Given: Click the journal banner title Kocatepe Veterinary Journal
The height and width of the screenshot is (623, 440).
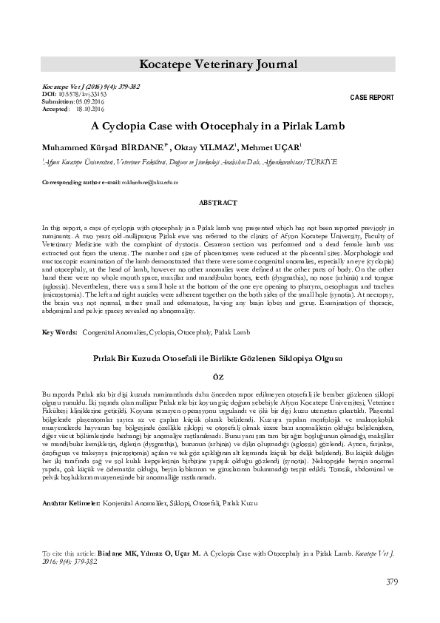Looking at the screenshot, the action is point(220,64).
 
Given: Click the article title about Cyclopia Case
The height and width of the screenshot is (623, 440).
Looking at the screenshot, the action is point(220,126).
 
